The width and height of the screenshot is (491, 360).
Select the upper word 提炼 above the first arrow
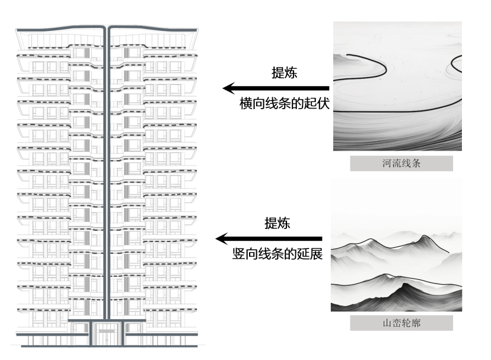[284, 72]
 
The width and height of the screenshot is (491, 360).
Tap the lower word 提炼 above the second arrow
[277, 223]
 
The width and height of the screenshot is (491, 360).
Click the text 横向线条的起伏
[284, 103]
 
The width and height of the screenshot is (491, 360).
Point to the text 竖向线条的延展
[277, 254]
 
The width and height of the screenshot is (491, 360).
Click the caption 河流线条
[401, 164]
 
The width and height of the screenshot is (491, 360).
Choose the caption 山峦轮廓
[401, 323]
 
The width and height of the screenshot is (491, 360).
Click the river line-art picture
[397, 86]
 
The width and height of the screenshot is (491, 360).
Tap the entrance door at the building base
[107, 334]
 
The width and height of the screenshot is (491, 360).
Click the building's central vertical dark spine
[107, 178]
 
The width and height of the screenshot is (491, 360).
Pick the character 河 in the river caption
[387, 164]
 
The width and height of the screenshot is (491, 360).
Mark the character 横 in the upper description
[245, 103]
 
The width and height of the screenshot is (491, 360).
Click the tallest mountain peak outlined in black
[425, 237]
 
